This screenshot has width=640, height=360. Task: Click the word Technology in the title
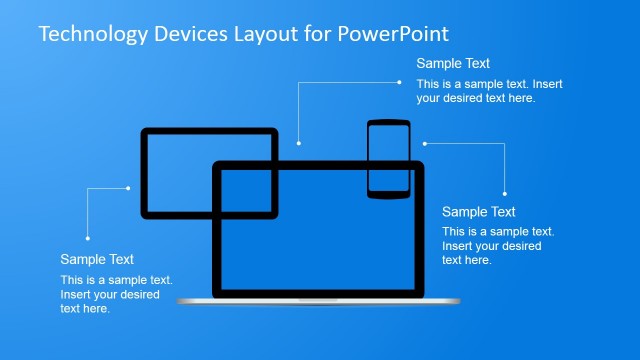click(x=91, y=34)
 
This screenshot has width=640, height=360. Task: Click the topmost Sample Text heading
click(x=453, y=64)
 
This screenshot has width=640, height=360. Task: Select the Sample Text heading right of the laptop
click(x=478, y=212)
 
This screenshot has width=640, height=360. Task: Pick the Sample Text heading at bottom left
click(x=97, y=259)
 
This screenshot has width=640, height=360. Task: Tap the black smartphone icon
click(x=389, y=157)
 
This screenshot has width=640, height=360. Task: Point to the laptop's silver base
click(x=318, y=300)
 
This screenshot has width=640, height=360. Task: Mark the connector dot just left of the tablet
click(x=128, y=187)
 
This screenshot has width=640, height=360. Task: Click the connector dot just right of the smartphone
click(x=424, y=143)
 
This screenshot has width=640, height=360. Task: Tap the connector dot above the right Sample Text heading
click(x=504, y=193)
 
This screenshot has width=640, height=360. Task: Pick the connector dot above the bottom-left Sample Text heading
click(x=88, y=238)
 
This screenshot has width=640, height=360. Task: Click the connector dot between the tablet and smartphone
click(x=298, y=143)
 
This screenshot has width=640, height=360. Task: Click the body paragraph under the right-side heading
click(x=497, y=245)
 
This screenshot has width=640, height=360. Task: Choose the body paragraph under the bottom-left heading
click(x=116, y=294)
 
